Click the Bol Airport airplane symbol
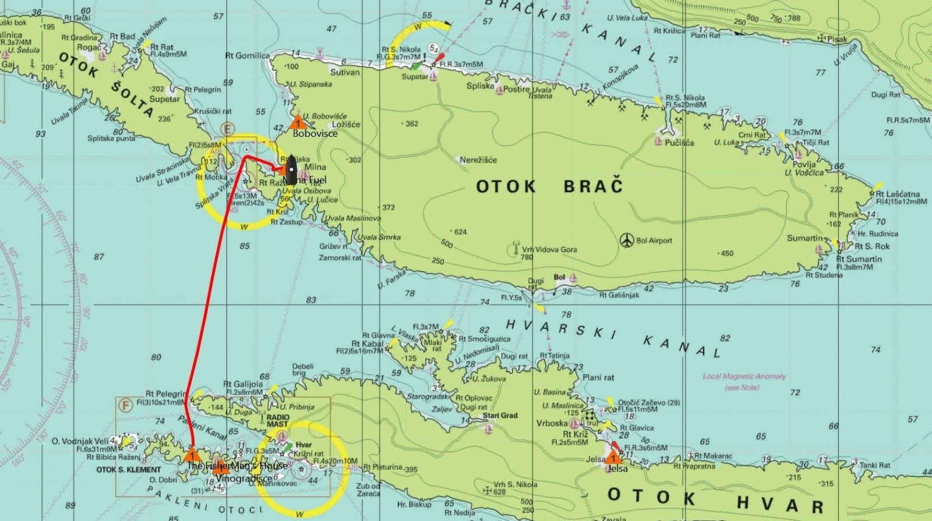click(626, 240)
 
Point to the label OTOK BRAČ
click(549, 186)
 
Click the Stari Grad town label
click(500, 416)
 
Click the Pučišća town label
click(679, 142)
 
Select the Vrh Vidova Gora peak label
click(549, 249)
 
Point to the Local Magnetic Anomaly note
click(744, 377)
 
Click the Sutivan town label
click(345, 73)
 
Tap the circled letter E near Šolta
click(227, 128)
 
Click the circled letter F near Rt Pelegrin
click(123, 404)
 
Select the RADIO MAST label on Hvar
click(278, 421)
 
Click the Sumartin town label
click(804, 238)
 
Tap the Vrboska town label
click(552, 423)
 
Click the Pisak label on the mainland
click(837, 40)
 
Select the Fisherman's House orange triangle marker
click(192, 454)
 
